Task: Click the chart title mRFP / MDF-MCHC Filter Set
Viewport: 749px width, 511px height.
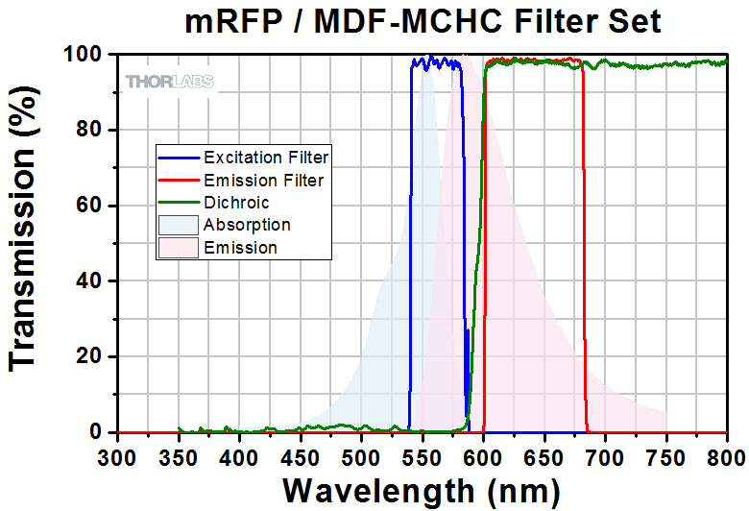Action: tap(423, 20)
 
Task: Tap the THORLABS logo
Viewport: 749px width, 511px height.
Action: tap(170, 82)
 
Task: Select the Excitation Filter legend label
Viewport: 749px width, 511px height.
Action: tap(266, 157)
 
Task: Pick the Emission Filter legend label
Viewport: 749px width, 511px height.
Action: tap(263, 180)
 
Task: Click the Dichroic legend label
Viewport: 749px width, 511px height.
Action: tap(236, 203)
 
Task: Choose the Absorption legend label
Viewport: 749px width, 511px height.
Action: tap(247, 225)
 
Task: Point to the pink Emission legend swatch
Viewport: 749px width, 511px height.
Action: tap(179, 247)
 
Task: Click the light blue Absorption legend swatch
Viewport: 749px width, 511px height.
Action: tap(179, 225)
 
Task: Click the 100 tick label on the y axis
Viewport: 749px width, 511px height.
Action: tap(86, 55)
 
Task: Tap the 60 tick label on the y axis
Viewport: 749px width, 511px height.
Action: tap(92, 206)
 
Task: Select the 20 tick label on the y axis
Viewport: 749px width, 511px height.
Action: tap(92, 356)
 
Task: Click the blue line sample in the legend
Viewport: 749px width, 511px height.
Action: tap(179, 157)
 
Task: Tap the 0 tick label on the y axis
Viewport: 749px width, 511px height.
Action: tap(98, 432)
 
